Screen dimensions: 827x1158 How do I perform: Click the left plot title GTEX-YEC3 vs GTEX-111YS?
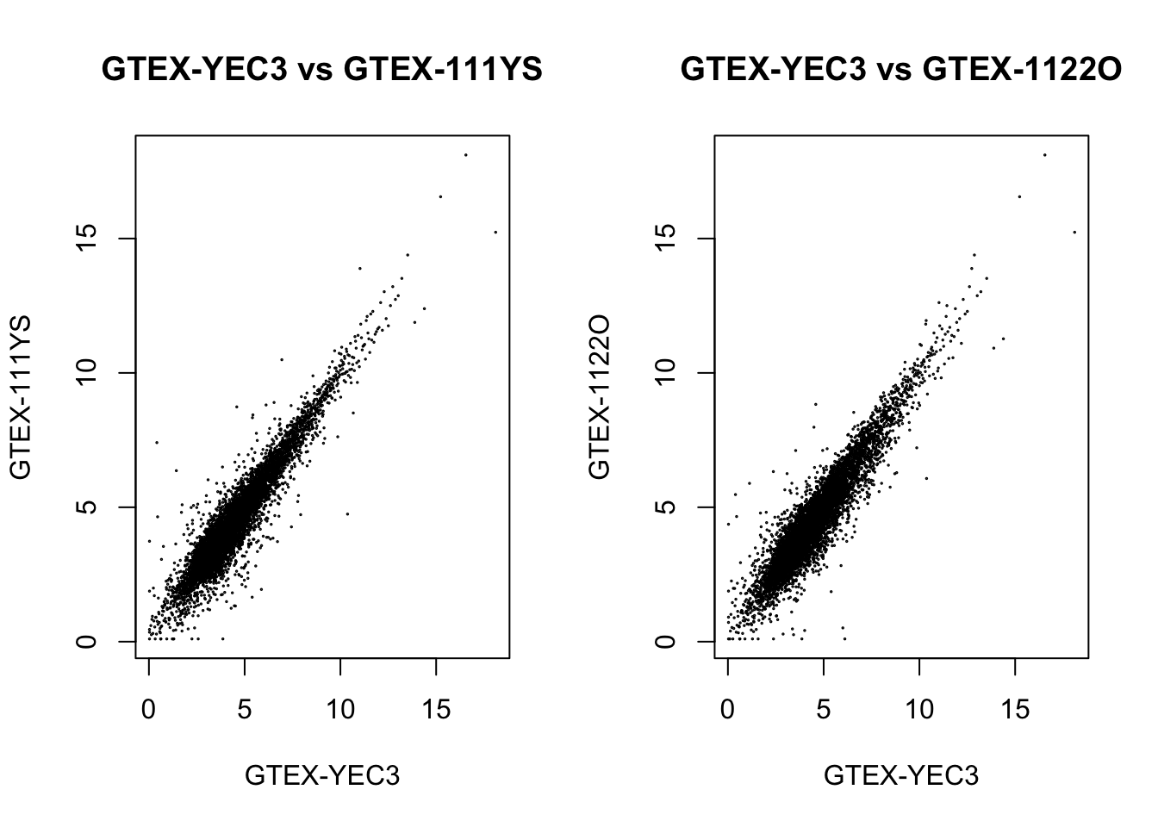tap(321, 69)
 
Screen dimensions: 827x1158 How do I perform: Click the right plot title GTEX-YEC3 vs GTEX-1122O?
tap(900, 69)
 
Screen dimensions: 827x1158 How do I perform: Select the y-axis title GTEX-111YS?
tap(21, 397)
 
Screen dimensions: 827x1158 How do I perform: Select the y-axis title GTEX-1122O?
tap(600, 397)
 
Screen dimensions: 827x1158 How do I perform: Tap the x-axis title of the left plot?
tap(322, 775)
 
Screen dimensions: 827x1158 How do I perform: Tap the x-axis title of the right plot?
tap(901, 775)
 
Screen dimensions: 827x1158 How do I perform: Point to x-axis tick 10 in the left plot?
tap(341, 710)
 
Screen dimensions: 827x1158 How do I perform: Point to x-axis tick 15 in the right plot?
tap(1016, 710)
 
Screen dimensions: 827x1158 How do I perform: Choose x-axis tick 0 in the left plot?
tap(149, 710)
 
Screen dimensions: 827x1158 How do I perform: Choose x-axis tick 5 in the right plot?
tap(824, 710)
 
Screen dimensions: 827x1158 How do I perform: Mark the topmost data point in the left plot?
tap(466, 155)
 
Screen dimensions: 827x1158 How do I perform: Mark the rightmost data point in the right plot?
tap(1074, 232)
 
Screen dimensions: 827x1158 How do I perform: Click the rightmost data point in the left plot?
tap(495, 232)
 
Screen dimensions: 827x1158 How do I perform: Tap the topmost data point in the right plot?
tap(1045, 155)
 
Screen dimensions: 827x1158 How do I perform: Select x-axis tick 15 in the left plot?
tap(437, 710)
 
